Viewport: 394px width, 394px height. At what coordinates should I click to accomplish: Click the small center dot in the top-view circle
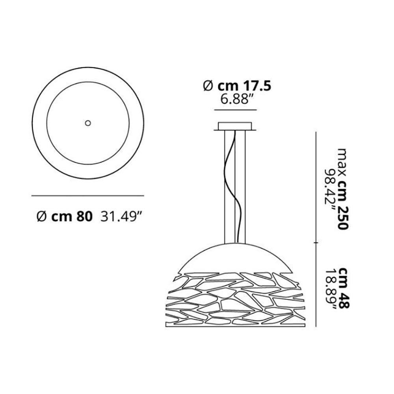(88, 123)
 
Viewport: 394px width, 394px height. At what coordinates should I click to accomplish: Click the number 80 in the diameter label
(84, 216)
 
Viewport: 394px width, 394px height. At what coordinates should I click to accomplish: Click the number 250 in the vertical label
(343, 217)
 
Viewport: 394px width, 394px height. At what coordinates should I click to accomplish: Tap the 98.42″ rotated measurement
(330, 190)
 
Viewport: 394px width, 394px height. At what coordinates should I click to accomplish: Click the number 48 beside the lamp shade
(343, 301)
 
